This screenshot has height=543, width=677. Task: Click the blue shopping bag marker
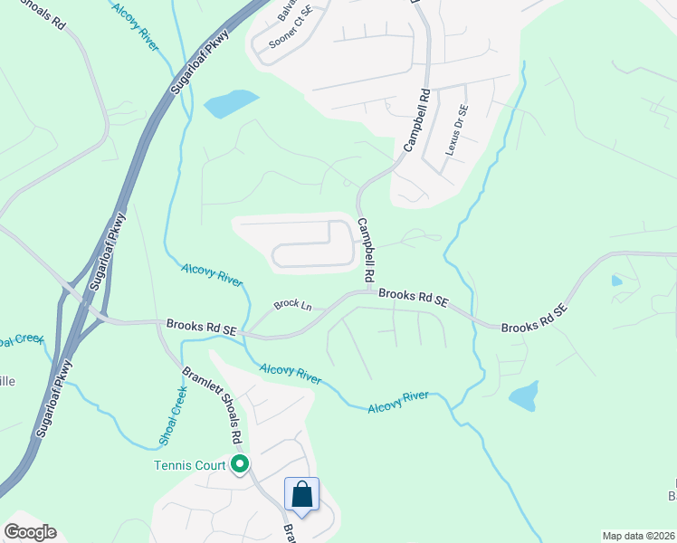click(x=302, y=494)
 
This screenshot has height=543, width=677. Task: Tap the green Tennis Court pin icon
click(x=240, y=465)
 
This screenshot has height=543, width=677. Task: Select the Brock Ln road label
click(x=292, y=306)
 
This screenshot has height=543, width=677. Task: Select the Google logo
click(x=29, y=532)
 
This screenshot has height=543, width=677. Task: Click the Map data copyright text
click(x=638, y=536)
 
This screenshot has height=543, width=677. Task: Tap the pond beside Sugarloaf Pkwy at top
click(x=232, y=104)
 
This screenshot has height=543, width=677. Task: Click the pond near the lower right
click(x=523, y=396)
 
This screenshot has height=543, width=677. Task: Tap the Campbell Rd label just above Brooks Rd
click(x=365, y=249)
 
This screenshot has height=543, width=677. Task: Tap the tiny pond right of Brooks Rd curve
click(x=616, y=281)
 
